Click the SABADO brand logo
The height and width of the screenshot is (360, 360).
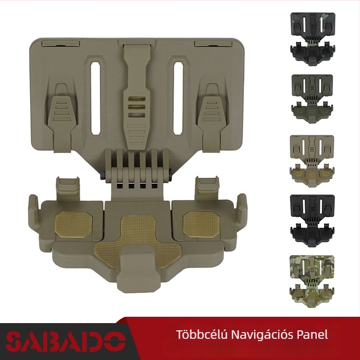click(x=66, y=342)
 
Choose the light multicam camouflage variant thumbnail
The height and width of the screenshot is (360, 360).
click(x=312, y=281)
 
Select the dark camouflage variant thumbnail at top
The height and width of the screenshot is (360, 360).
click(x=313, y=39)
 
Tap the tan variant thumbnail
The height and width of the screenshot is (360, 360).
click(x=312, y=161)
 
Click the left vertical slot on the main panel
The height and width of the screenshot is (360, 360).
click(x=95, y=98)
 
